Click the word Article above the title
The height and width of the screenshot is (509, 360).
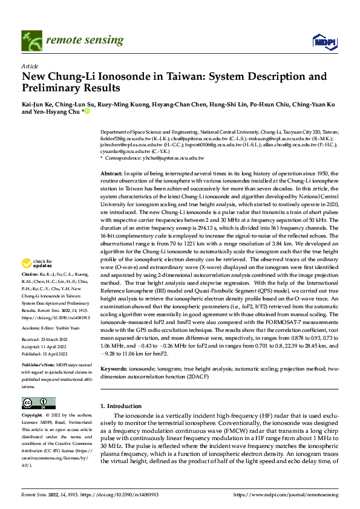point(30,66)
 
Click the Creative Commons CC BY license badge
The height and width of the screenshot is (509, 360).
point(39,403)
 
